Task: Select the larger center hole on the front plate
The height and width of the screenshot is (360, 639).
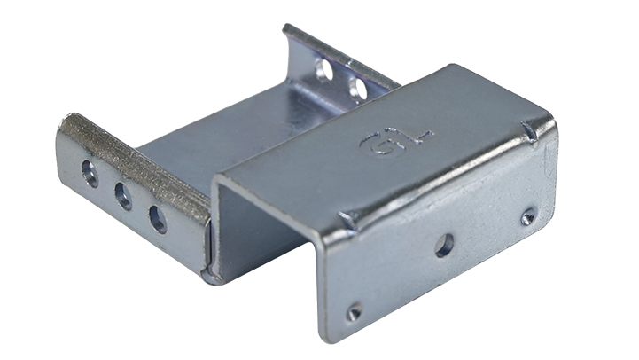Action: point(444,246)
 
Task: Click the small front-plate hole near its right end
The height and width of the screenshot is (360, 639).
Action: point(528,216)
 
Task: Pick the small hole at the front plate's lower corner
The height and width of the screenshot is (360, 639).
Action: point(354,312)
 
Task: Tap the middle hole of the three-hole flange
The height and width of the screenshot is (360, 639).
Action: point(123,195)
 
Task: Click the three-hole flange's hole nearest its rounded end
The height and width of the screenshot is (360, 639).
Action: point(90,174)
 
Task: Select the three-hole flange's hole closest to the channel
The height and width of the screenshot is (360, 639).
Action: point(158,219)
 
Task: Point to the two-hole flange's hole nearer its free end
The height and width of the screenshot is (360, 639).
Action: point(324,69)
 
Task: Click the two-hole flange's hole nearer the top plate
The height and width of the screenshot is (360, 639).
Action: point(358,88)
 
